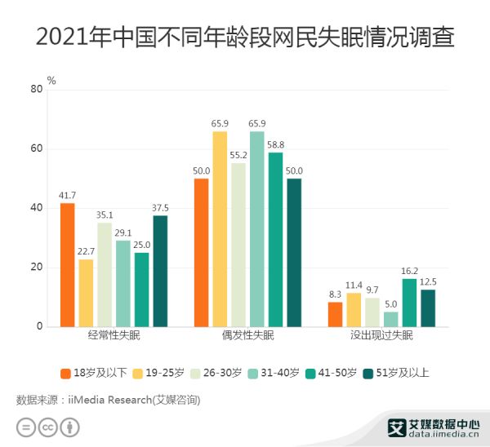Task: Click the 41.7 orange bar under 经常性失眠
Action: click(67, 265)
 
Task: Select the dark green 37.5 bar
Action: click(160, 271)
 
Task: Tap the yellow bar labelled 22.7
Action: click(86, 293)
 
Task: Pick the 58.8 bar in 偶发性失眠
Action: click(275, 240)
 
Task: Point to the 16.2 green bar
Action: click(409, 303)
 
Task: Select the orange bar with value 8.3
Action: click(335, 314)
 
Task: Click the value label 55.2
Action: click(238, 155)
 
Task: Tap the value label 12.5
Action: click(428, 281)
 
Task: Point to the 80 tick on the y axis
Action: click(35, 90)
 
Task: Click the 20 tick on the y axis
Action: click(35, 268)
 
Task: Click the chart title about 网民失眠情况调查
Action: click(245, 36)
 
